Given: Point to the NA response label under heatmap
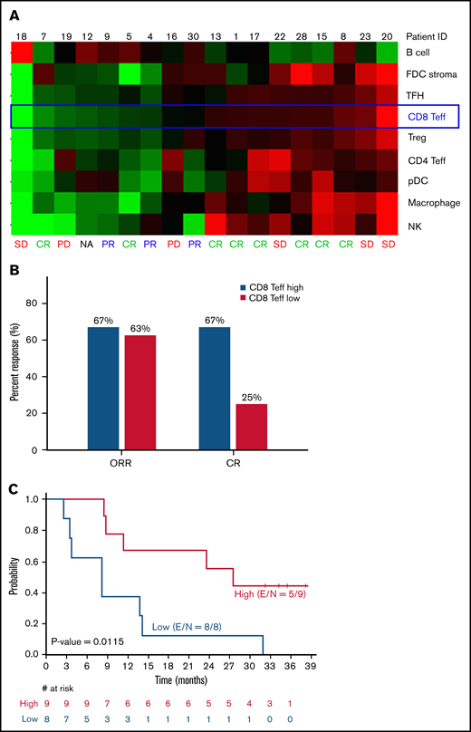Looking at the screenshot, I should point(85,244).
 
